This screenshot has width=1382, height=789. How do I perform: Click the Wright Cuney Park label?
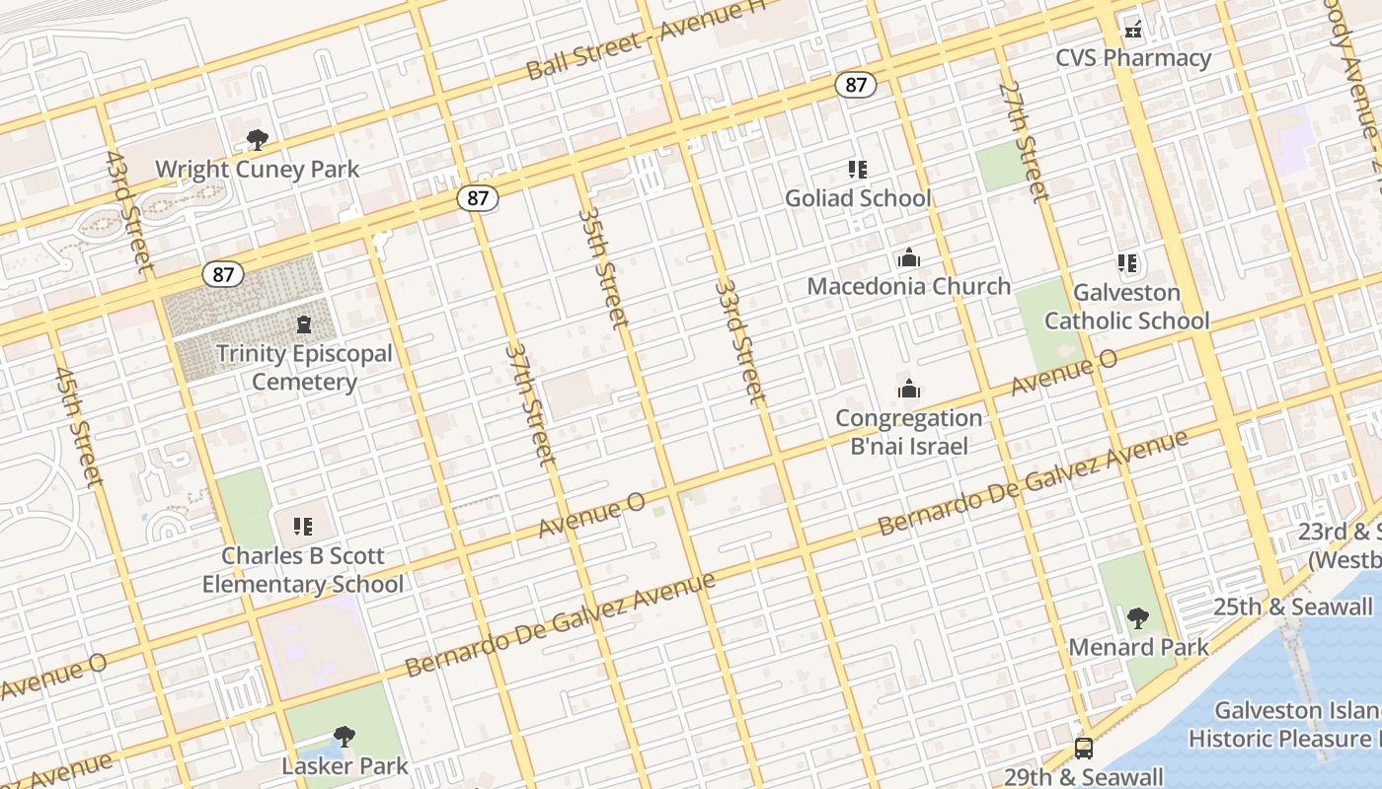pos(258,170)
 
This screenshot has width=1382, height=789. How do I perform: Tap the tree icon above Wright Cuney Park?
pos(258,140)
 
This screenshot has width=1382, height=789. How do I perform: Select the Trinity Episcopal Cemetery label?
pos(304,367)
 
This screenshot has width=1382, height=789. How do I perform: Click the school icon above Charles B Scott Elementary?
pos(302,527)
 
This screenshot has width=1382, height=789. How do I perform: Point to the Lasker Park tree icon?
pos(344,736)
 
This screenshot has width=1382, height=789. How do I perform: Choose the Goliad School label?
pos(858,198)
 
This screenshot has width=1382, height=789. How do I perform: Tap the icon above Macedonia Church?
pos(909,258)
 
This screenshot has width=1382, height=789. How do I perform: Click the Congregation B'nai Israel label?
pos(909,432)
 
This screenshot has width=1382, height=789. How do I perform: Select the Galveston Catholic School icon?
pos(1127,263)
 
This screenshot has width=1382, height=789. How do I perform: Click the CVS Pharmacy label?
pos(1133,58)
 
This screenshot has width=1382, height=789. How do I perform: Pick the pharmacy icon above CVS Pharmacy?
pos(1133,30)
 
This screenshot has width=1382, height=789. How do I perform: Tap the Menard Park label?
pos(1139,648)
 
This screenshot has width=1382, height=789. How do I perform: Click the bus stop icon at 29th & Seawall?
pos(1084,748)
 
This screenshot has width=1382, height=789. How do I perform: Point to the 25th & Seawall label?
pos(1293,608)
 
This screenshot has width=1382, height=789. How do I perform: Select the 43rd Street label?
pos(129,211)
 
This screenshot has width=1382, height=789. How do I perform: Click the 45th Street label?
pos(79,427)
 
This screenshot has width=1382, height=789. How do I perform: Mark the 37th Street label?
pos(531,402)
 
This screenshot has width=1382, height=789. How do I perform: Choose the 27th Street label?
pos(1024,141)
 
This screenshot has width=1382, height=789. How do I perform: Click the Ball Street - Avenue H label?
pos(647,41)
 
